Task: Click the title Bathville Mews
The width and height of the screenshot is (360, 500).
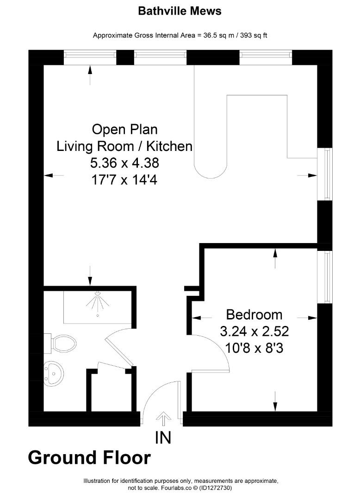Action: pyautogui.click(x=180, y=11)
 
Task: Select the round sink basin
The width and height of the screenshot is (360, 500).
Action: pyautogui.click(x=54, y=371)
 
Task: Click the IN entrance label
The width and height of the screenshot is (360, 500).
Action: pyautogui.click(x=163, y=437)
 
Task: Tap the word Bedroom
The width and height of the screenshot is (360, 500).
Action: pyautogui.click(x=254, y=315)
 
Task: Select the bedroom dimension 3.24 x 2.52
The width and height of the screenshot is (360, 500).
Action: pyautogui.click(x=254, y=331)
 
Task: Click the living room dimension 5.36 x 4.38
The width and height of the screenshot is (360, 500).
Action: pyautogui.click(x=124, y=163)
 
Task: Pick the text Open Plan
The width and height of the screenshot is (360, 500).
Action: pyautogui.click(x=124, y=129)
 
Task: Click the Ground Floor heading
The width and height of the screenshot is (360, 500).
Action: pyautogui.click(x=89, y=457)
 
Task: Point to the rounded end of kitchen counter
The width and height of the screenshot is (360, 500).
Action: pyautogui.click(x=211, y=169)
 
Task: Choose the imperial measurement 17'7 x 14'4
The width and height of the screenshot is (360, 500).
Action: pyautogui.click(x=124, y=180)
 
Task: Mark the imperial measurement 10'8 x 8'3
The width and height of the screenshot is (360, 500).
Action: pyautogui.click(x=254, y=348)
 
